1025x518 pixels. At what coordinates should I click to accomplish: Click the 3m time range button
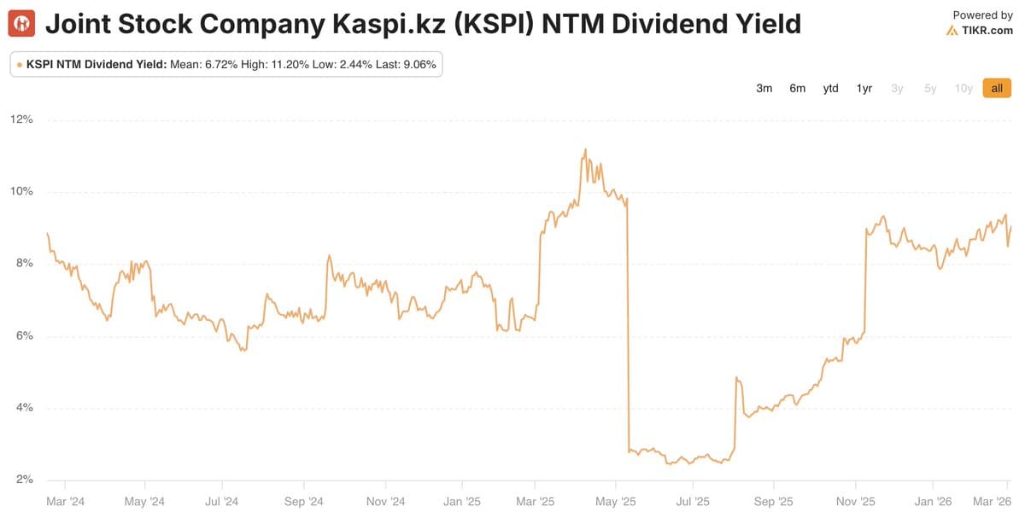pos(764,88)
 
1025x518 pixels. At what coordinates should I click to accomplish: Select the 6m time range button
pos(797,88)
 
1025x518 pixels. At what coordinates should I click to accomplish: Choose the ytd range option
pos(830,88)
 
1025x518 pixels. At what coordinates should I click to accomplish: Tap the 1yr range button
pos(864,88)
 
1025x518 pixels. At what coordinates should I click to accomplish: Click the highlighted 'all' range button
pos(997,88)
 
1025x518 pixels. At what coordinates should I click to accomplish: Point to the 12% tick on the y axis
pos(21,119)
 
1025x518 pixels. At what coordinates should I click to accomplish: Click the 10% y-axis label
pos(21,191)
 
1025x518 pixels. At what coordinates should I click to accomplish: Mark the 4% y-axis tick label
pos(24,408)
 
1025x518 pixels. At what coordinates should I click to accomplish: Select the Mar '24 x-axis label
pos(65,502)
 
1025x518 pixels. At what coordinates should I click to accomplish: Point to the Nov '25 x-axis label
pos(855,502)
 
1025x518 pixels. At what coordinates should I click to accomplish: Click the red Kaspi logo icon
pos(21,24)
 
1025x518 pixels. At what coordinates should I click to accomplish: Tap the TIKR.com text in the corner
pos(987,31)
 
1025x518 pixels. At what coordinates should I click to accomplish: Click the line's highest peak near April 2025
pos(585,149)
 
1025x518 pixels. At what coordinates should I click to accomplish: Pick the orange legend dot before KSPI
pos(19,64)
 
